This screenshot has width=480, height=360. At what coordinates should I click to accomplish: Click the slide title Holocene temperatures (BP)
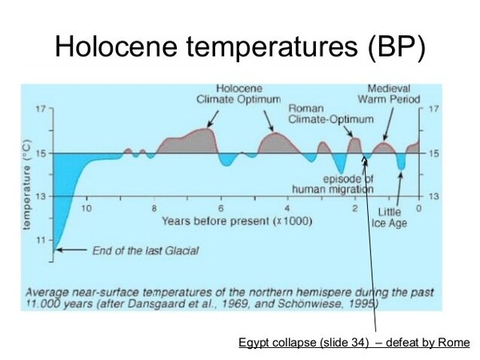click(x=240, y=47)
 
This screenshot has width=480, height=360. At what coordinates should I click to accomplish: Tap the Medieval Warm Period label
click(x=389, y=94)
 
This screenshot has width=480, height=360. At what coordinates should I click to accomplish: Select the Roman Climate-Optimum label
click(x=330, y=114)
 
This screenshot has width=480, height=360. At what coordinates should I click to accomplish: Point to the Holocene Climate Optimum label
click(x=238, y=94)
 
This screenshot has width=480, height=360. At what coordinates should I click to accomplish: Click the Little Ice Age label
click(x=389, y=218)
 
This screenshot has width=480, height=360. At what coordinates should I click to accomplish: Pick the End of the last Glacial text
click(x=146, y=250)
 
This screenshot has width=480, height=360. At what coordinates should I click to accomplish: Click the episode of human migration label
click(x=333, y=184)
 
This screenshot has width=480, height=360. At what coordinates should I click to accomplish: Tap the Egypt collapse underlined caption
click(x=354, y=342)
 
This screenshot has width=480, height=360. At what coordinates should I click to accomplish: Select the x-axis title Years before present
click(x=237, y=221)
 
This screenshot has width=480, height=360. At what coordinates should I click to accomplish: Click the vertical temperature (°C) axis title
click(x=27, y=184)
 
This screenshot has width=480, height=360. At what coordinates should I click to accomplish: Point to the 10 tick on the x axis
click(x=86, y=209)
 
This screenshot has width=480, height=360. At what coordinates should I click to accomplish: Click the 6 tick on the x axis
click(x=221, y=209)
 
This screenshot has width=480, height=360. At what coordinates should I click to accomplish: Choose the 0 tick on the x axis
click(x=418, y=209)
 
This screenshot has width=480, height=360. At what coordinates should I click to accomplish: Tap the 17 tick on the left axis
click(x=41, y=109)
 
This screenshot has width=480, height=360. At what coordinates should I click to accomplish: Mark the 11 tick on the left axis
click(x=41, y=240)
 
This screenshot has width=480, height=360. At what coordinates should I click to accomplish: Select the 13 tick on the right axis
click(x=434, y=196)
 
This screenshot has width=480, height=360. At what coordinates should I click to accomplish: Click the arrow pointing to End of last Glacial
click(x=72, y=250)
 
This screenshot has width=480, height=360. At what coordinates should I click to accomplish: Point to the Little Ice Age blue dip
click(x=402, y=162)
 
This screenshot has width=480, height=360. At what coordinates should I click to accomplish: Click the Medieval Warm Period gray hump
click(x=384, y=148)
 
